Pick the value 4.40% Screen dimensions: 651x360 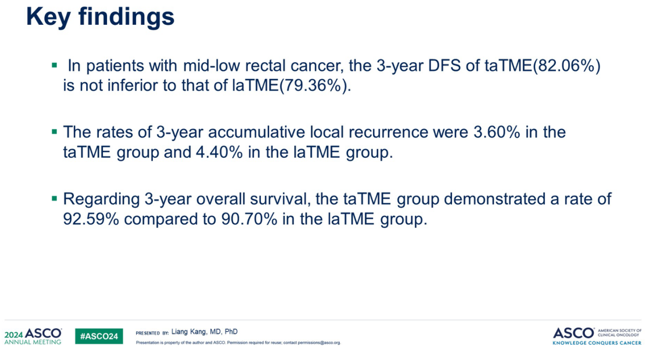(x=219, y=152)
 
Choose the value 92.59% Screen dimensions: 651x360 (x=91, y=219)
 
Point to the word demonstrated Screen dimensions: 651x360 (x=494, y=199)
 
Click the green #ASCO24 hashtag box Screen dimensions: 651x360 (x=99, y=336)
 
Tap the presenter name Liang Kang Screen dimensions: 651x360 (x=187, y=332)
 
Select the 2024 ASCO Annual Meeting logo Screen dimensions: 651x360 (x=33, y=336)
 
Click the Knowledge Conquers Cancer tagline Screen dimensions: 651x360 (x=597, y=343)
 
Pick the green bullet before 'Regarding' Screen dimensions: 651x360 (x=54, y=199)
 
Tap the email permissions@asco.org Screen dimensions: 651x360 (x=319, y=343)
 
